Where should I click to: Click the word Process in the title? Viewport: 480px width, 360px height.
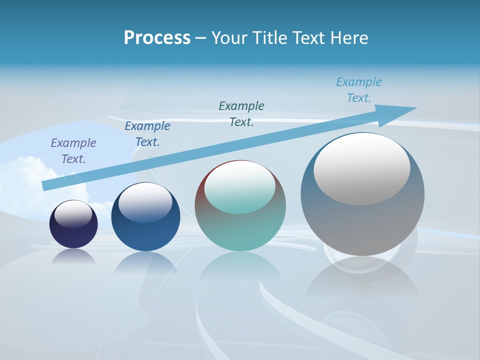click(x=157, y=37)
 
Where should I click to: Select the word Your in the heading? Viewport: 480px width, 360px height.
click(x=230, y=37)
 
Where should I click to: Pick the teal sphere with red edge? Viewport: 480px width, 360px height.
click(x=240, y=230)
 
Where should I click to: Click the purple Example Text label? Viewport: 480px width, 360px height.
click(x=73, y=150)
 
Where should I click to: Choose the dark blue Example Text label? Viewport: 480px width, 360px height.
click(x=147, y=134)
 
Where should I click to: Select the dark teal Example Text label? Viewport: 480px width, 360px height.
click(x=241, y=113)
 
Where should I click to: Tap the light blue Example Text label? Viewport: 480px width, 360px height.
click(x=359, y=90)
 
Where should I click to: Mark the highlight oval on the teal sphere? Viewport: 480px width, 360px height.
click(x=239, y=187)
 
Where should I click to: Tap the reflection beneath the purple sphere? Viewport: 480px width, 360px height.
click(x=73, y=257)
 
